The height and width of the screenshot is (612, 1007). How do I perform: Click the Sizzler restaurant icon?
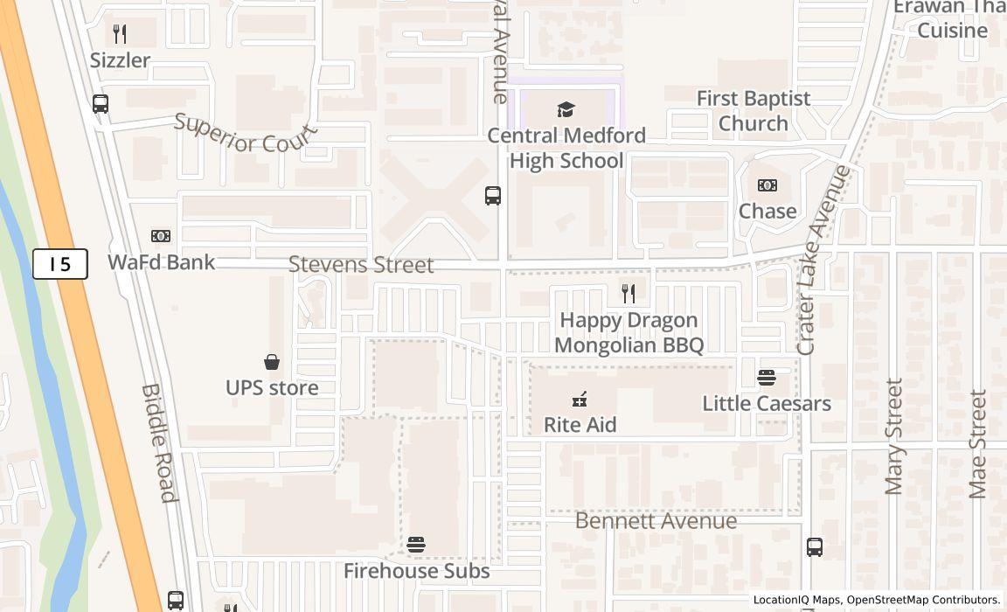pyautogui.click(x=120, y=34)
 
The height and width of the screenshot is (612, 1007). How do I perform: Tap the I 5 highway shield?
pyautogui.click(x=60, y=263)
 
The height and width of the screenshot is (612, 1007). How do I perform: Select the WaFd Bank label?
pyautogui.click(x=161, y=261)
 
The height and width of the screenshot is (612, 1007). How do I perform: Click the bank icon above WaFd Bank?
pyautogui.click(x=161, y=236)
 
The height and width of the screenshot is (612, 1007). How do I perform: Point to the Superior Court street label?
pyautogui.click(x=245, y=134)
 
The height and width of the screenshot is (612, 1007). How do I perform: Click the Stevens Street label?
pyautogui.click(x=361, y=264)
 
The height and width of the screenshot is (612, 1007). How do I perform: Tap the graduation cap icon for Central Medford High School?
pyautogui.click(x=566, y=110)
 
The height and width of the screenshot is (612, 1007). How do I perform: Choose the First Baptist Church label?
pyautogui.click(x=753, y=111)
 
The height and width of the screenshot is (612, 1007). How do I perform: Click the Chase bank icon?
pyautogui.click(x=767, y=185)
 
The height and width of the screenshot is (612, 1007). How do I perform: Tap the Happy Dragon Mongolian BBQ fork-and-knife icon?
pyautogui.click(x=629, y=293)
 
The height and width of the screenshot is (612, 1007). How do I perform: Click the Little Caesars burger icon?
pyautogui.click(x=767, y=378)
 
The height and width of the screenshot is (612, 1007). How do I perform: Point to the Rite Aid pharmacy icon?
pyautogui.click(x=580, y=400)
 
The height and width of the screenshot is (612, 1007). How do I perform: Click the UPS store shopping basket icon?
pyautogui.click(x=272, y=362)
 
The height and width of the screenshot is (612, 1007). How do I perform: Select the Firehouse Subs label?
pyautogui.click(x=416, y=571)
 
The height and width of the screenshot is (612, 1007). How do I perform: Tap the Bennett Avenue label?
pyautogui.click(x=656, y=521)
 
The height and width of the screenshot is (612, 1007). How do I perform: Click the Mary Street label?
pyautogui.click(x=893, y=436)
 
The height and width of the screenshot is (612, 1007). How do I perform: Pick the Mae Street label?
pyautogui.click(x=977, y=443)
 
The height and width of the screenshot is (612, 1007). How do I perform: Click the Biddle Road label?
pyautogui.click(x=159, y=443)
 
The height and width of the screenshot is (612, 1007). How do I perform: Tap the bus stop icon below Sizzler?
pyautogui.click(x=101, y=104)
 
